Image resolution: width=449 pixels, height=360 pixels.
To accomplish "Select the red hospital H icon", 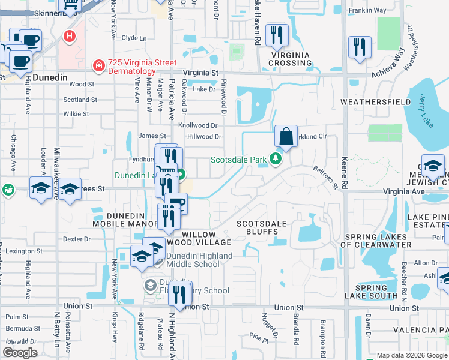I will click(x=70, y=37).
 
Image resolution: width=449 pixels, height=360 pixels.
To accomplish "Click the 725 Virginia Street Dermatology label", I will click(x=142, y=67).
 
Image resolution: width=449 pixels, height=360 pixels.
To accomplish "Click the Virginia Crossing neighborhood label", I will click(x=289, y=59).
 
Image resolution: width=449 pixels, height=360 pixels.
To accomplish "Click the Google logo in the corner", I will click(x=20, y=353).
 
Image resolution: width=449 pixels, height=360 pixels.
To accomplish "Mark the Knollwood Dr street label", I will click(x=197, y=125).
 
